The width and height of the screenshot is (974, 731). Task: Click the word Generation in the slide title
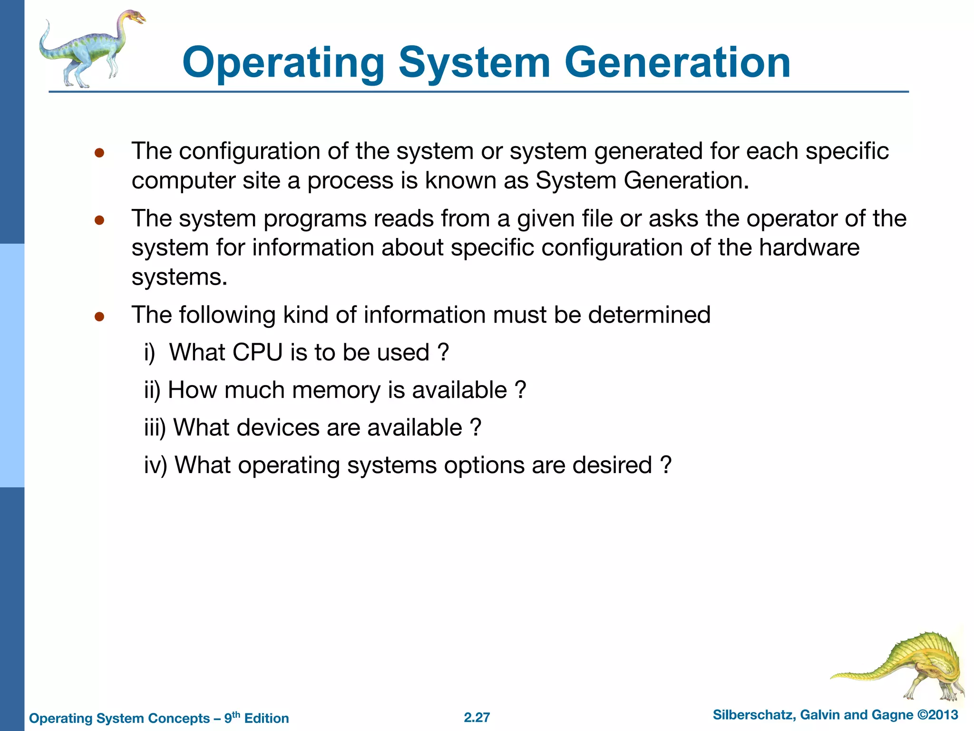tap(677, 63)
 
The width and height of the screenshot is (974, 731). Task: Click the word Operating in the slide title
tap(283, 64)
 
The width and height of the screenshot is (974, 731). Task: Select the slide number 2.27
tap(477, 717)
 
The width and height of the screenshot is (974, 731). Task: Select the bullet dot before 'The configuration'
tap(99, 153)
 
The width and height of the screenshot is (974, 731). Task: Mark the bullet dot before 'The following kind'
tap(99, 316)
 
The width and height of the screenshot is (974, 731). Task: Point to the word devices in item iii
tap(278, 427)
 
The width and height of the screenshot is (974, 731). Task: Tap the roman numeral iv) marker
tap(156, 465)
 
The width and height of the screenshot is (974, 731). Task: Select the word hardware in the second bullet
tap(809, 248)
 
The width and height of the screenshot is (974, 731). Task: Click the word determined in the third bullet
tap(649, 315)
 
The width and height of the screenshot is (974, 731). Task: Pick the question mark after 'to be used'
tap(443, 353)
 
